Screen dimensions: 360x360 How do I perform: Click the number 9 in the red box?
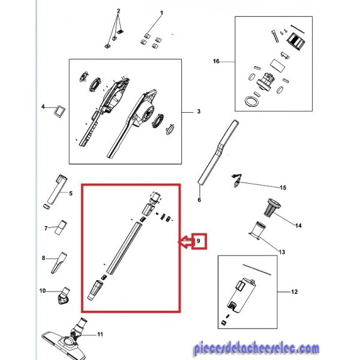[199, 241]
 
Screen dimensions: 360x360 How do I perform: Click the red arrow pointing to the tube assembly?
[185, 242]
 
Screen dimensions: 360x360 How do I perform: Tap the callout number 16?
[216, 61]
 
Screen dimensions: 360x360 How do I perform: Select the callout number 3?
[199, 112]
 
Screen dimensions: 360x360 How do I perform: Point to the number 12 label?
[294, 292]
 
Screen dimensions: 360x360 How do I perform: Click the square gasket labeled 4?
[59, 112]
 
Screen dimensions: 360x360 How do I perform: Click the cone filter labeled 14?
[273, 208]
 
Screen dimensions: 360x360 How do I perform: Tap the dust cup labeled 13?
[257, 230]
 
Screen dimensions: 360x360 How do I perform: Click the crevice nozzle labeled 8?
[59, 263]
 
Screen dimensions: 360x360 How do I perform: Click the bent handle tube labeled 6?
[218, 152]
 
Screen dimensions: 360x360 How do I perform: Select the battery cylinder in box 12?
[242, 296]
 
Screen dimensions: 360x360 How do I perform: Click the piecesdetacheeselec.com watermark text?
[256, 349]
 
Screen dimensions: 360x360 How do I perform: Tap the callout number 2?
[118, 11]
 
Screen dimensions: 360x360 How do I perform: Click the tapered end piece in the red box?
[95, 290]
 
